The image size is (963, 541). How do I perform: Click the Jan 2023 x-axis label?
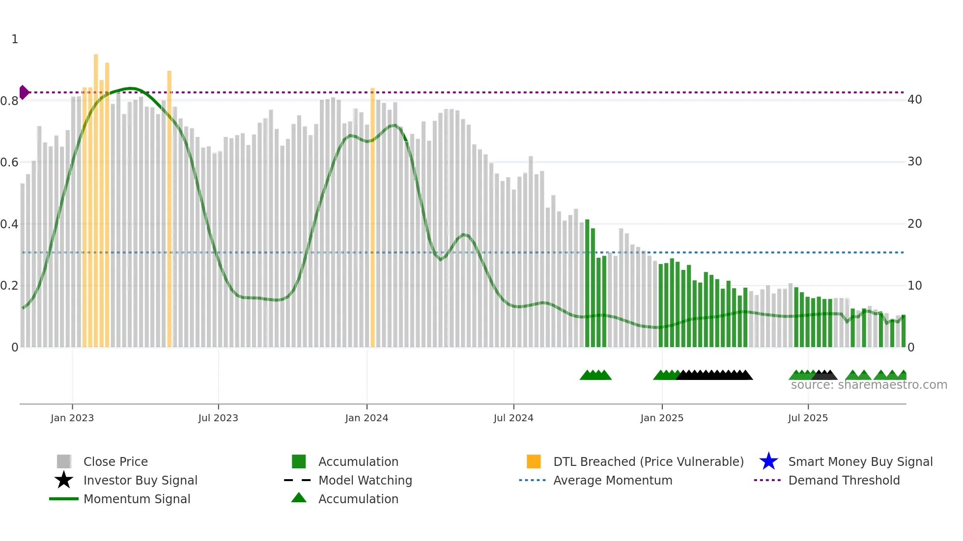(x=72, y=418)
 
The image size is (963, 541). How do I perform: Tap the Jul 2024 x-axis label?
(x=513, y=418)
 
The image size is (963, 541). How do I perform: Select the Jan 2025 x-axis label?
(x=662, y=418)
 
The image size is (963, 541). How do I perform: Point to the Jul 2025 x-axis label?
(x=808, y=418)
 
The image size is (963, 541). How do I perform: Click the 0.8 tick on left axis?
(x=10, y=101)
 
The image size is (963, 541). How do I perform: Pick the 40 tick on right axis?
(x=914, y=100)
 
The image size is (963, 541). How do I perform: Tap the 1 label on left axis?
(x=15, y=39)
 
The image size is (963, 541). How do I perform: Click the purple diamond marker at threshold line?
(x=24, y=92)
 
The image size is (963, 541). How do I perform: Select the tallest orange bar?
(x=96, y=196)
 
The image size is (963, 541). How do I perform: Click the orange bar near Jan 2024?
(x=372, y=216)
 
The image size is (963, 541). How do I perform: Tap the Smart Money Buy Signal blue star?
(x=768, y=461)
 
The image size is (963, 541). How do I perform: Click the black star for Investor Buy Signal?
(x=64, y=480)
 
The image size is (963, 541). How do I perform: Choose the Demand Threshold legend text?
(x=844, y=480)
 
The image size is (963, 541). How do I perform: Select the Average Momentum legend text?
(x=612, y=480)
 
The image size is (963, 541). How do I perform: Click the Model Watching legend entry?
(x=365, y=480)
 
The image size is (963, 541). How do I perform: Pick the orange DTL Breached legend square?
(x=534, y=461)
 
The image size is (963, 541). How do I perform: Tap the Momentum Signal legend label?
(x=137, y=499)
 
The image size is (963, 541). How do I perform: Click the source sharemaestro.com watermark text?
(x=869, y=385)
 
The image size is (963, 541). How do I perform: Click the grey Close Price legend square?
(x=64, y=461)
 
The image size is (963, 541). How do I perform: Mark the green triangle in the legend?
(x=299, y=498)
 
